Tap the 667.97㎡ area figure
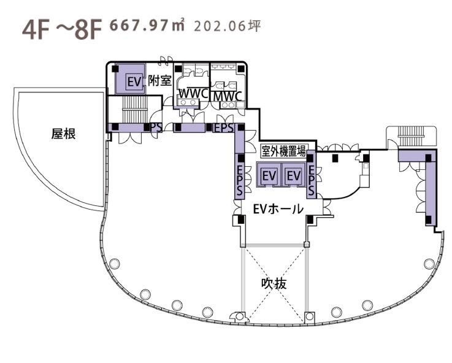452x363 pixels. (147, 26)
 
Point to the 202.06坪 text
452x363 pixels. (228, 26)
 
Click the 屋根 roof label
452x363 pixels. (63, 134)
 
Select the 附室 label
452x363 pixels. (159, 80)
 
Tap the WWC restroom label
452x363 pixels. (194, 94)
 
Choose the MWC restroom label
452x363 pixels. (227, 96)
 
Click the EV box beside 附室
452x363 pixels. (135, 82)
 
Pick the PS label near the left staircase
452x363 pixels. (156, 128)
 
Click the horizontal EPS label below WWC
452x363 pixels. (224, 128)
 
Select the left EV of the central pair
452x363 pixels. (269, 175)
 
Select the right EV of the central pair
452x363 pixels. (293, 175)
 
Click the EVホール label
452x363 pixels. (278, 209)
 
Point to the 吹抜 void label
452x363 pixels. (274, 284)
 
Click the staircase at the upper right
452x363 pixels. (411, 132)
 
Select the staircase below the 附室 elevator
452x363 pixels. (135, 109)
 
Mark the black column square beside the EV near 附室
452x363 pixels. (115, 69)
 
